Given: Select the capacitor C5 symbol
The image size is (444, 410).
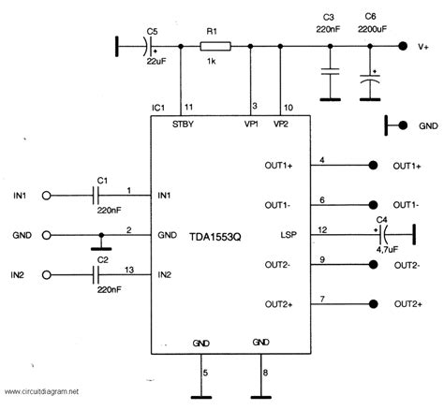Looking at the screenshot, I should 151,44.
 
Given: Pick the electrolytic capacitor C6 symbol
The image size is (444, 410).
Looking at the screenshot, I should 372,83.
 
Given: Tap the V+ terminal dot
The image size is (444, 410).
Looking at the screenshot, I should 403,44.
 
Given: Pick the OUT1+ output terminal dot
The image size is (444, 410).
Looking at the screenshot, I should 372,166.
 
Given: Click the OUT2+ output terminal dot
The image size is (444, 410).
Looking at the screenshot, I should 372,303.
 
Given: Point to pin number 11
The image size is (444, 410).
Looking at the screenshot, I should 188,108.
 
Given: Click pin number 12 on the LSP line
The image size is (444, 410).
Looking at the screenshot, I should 321,229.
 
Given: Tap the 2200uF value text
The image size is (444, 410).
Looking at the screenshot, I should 371,28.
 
